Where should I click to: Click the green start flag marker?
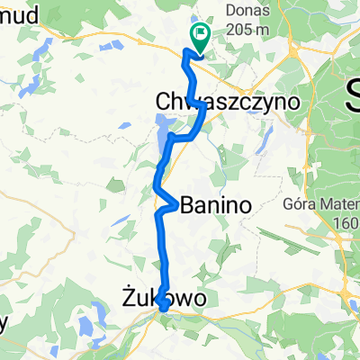pos(198,36)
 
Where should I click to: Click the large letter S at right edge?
pos(352,90)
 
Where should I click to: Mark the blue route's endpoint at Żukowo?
pos(165,309)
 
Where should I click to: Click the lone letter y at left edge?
pos(4,326)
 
